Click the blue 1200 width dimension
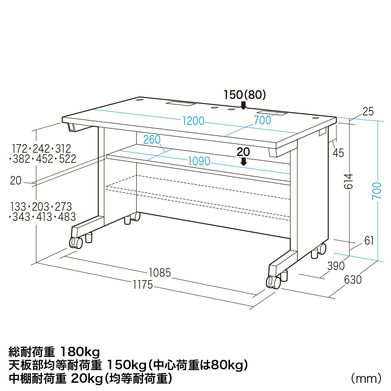pos(193,121)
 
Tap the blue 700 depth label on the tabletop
pos(262,120)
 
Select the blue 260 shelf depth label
pos(152,140)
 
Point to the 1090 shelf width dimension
pos(199,161)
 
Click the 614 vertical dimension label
pos(349,181)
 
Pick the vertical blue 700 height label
pos(377,191)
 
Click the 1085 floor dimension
pos(160,273)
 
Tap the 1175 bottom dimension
pos(143,285)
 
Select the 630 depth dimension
pos(353,280)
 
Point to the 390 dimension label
pos(336,266)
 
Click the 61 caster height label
pos(369,241)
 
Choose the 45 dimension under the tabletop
pos(338,153)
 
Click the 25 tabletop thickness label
pos(368,111)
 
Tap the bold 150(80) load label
pos(245,95)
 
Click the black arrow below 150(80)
pos(243,105)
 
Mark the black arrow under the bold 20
pos(243,162)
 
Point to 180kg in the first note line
pos(80,353)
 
